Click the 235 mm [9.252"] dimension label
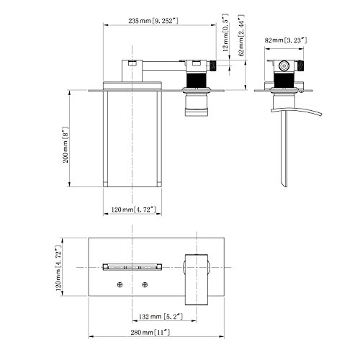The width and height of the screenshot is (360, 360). click(153, 21)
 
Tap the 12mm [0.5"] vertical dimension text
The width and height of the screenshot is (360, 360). click(225, 33)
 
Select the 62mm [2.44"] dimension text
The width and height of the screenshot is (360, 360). click(241, 35)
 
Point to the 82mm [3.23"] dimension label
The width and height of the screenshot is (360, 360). click(286, 40)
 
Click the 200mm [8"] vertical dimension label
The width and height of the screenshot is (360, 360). click(66, 145)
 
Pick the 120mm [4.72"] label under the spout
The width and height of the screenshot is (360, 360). click(134, 210)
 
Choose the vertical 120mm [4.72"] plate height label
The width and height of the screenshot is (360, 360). click(58, 268)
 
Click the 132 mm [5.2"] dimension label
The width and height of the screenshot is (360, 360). click(161, 317)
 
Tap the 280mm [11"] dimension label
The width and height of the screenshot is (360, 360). click(150, 333)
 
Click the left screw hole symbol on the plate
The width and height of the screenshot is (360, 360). click(120, 285)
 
